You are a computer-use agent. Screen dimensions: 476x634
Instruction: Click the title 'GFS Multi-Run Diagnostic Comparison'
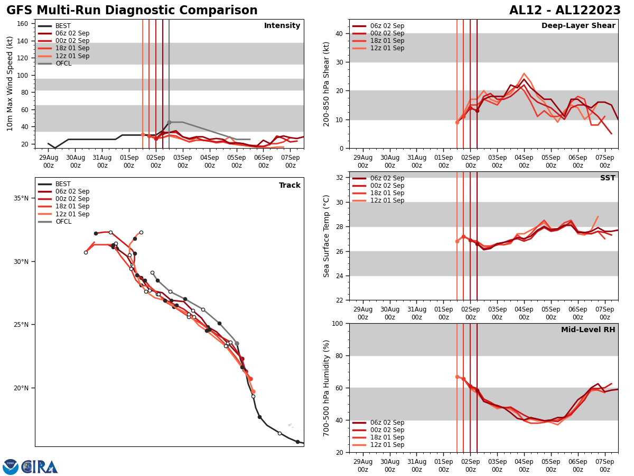point(132,11)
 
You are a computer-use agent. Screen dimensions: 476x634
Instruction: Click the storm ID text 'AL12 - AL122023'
point(565,11)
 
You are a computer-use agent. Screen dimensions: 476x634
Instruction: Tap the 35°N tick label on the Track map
point(21,198)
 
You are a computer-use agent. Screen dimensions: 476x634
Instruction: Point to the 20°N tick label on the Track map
point(21,388)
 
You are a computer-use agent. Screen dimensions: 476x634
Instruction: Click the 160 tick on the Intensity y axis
point(23,24)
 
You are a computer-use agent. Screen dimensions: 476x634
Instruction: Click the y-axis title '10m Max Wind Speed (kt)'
point(10,84)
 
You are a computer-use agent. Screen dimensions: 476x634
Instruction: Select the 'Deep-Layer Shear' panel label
point(578,26)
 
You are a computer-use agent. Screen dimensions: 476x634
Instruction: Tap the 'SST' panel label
point(608,178)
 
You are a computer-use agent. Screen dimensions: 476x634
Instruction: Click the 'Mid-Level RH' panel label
point(588,330)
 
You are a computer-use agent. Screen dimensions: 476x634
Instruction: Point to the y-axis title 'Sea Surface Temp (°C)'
point(327,236)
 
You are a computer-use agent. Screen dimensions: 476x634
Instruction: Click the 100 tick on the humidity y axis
point(337,323)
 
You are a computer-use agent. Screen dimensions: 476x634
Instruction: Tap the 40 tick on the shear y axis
point(339,33)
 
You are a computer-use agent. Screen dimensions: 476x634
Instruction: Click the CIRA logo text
point(40,467)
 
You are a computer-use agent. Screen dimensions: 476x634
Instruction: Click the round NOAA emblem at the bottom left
point(11,467)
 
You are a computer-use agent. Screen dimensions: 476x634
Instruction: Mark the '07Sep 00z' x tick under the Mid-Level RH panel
point(604,465)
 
